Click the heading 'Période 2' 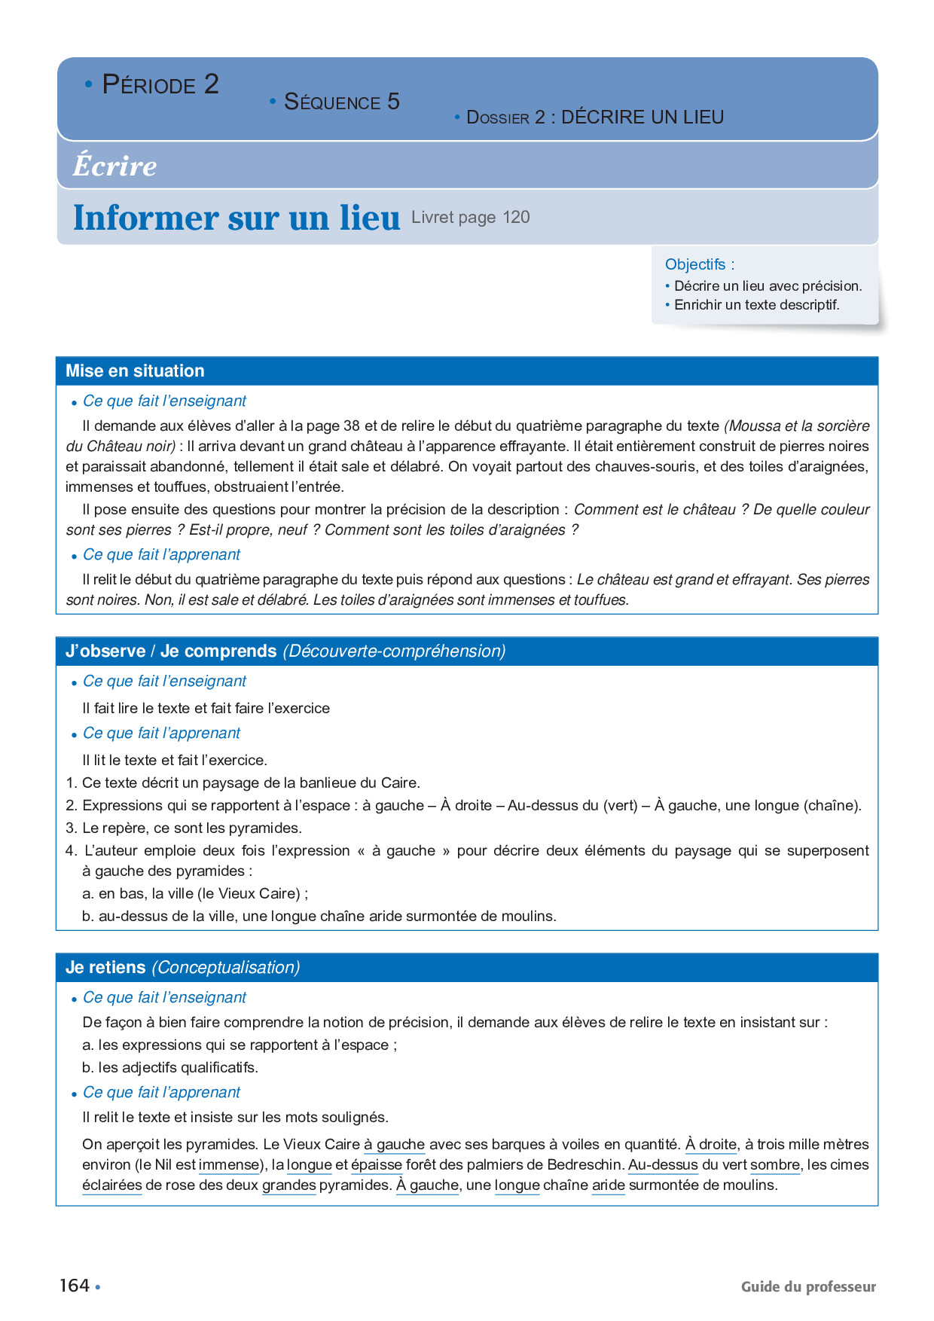[x=160, y=84]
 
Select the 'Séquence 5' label [x=341, y=102]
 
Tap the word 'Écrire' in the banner [x=114, y=166]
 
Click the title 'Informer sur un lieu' [x=236, y=218]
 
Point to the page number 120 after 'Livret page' [x=517, y=218]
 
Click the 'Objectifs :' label [x=699, y=264]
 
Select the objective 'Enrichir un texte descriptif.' [x=756, y=305]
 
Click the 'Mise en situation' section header [x=135, y=371]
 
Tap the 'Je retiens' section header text [x=105, y=967]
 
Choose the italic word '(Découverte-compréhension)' [x=394, y=651]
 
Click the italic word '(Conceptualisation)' [x=226, y=967]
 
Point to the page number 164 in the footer [x=75, y=1286]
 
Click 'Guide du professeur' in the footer [x=808, y=1286]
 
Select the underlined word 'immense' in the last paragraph [x=229, y=1164]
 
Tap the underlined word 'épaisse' [x=377, y=1164]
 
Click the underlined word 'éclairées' [x=112, y=1185]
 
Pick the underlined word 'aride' [x=609, y=1185]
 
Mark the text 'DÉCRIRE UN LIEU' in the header [x=643, y=117]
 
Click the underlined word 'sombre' [x=775, y=1164]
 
